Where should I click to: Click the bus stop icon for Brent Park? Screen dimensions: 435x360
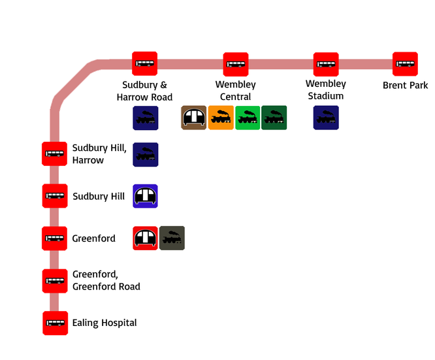pyautogui.click(x=405, y=64)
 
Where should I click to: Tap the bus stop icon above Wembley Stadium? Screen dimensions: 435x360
pyautogui.click(x=326, y=64)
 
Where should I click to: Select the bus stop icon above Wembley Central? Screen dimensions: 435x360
pyautogui.click(x=236, y=64)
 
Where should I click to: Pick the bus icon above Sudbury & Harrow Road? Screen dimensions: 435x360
pyautogui.click(x=144, y=63)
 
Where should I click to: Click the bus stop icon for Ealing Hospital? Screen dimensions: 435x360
pyautogui.click(x=56, y=323)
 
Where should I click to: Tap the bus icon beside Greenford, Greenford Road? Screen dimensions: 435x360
pyautogui.click(x=55, y=281)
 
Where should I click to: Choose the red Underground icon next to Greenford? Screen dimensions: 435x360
pyautogui.click(x=146, y=238)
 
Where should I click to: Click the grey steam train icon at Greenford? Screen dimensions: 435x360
pyautogui.click(x=172, y=238)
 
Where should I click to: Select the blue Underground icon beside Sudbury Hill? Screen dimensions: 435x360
pyautogui.click(x=146, y=196)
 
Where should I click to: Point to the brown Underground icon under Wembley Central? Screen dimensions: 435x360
pyautogui.click(x=193, y=118)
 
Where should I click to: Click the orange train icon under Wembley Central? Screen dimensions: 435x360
pyautogui.click(x=221, y=118)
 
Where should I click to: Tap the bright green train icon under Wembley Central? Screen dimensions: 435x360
pyautogui.click(x=248, y=118)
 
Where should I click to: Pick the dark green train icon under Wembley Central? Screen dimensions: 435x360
pyautogui.click(x=274, y=118)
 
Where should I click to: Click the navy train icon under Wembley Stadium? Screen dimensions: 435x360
pyautogui.click(x=326, y=118)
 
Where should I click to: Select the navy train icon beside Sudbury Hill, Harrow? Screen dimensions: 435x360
pyautogui.click(x=146, y=155)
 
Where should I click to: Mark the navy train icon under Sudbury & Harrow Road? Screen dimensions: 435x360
pyautogui.click(x=146, y=118)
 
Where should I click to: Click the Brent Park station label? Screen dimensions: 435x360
pyautogui.click(x=406, y=85)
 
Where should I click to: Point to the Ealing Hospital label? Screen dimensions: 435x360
pyautogui.click(x=105, y=323)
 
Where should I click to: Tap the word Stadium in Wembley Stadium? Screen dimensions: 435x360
pyautogui.click(x=326, y=96)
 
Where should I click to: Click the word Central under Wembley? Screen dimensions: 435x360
pyautogui.click(x=235, y=97)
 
